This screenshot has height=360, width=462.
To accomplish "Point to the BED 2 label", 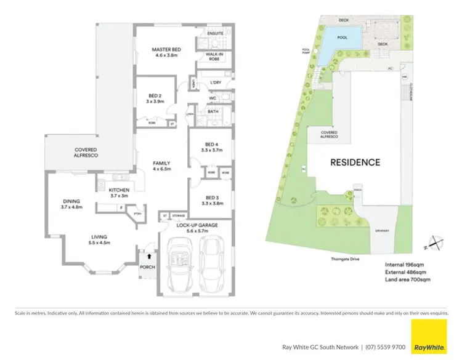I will click(x=155, y=95).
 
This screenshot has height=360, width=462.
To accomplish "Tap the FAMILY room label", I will click(x=161, y=163).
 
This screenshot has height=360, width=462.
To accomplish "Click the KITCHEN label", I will click(x=118, y=191).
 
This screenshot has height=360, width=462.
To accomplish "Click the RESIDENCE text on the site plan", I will click(x=355, y=162).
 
